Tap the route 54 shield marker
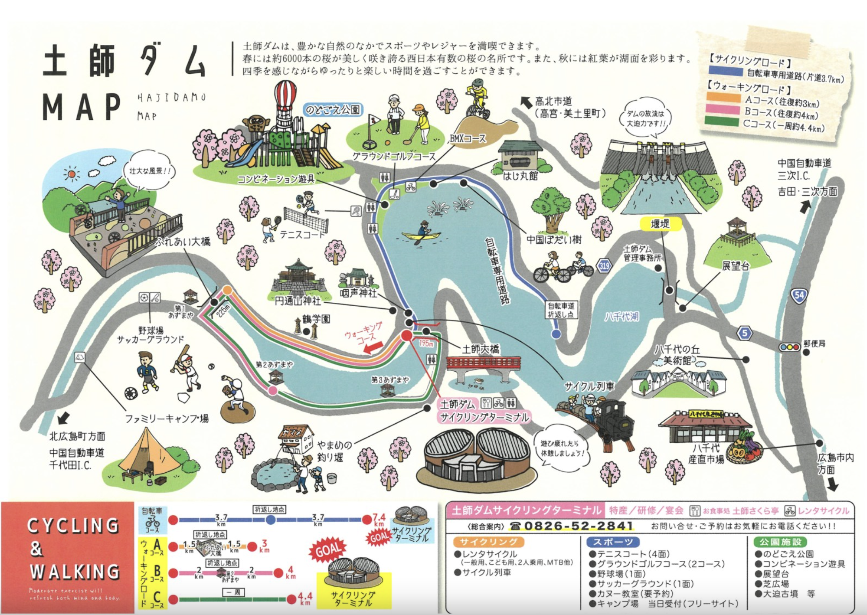point(799,295)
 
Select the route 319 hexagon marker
point(604,266)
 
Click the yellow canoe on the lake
point(421,236)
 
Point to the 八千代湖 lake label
point(621,316)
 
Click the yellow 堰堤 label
point(660,224)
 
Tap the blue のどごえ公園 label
point(333,109)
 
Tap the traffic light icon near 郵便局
point(789,347)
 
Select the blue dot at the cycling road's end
point(556,334)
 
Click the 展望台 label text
point(735,266)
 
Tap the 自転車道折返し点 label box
point(561,310)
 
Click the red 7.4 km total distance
point(379,519)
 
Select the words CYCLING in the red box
point(73,525)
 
